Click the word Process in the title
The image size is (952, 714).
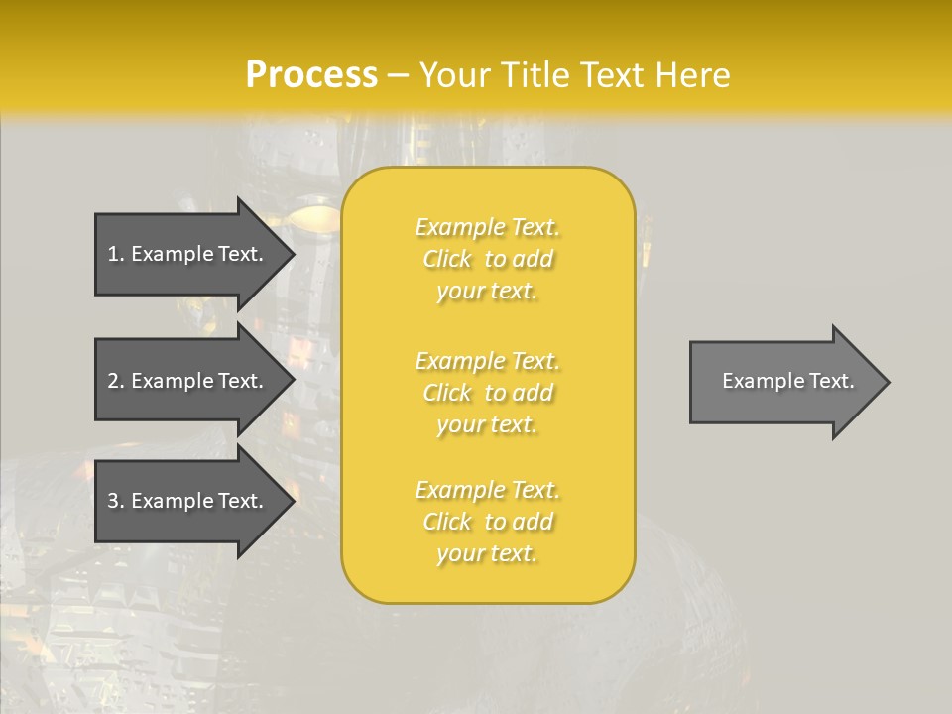[311, 75]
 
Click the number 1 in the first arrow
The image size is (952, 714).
[113, 254]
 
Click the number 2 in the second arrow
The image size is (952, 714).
[113, 381]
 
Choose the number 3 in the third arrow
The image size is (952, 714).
[113, 501]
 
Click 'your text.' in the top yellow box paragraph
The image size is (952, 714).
[487, 292]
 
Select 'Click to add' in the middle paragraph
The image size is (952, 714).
[487, 393]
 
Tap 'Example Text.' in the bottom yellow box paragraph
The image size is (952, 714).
[487, 490]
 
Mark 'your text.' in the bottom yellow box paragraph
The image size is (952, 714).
[487, 554]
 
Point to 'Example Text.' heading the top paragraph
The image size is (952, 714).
[487, 227]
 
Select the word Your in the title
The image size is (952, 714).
[452, 75]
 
